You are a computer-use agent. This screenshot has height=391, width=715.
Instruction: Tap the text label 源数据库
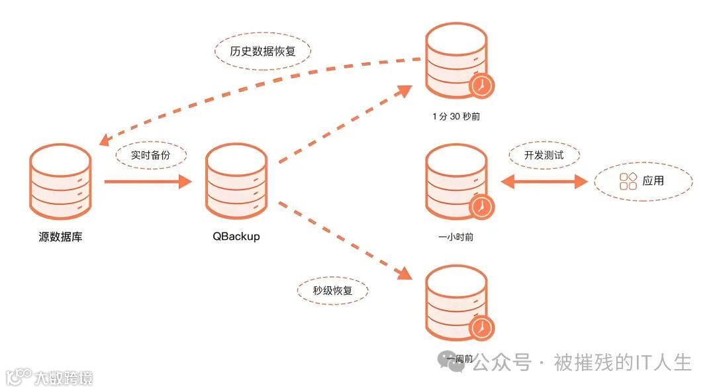pos(60,237)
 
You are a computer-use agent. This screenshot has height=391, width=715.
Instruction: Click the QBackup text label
pos(236,236)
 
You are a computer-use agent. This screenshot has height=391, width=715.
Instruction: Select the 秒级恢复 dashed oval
pos(332,290)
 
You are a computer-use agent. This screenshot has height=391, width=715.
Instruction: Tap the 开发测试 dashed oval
pos(544,156)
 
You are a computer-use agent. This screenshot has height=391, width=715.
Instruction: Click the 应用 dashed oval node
pos(642,180)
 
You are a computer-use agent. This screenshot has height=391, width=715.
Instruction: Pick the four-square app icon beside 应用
pos(628,181)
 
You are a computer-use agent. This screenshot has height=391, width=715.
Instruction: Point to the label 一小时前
pos(456,236)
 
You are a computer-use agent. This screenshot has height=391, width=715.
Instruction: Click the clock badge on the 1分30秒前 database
pos(482,85)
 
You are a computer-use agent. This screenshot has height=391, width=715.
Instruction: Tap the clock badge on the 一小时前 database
pos(482,207)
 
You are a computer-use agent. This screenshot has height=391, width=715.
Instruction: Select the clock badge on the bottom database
pos(482,327)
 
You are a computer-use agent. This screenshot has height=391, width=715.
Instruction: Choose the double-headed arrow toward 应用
pos(544,181)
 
